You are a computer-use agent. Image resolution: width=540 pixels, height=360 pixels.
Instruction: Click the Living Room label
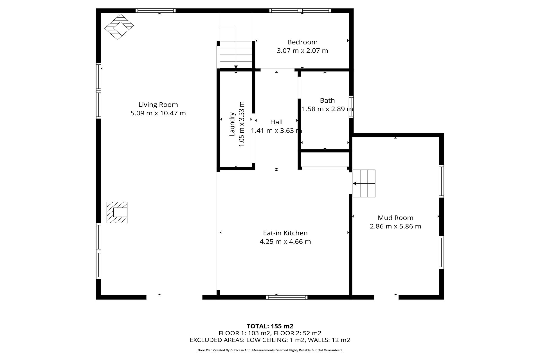tap(158, 105)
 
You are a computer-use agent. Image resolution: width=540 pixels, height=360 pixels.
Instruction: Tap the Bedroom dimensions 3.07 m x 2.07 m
tap(302, 51)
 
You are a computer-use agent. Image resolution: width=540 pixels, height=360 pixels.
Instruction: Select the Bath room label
tap(327, 100)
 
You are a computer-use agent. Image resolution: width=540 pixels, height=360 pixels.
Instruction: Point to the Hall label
tap(276, 122)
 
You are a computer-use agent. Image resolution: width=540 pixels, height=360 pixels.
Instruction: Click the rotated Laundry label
tap(232, 124)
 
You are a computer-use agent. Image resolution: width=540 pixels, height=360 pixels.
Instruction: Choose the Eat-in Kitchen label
tap(285, 233)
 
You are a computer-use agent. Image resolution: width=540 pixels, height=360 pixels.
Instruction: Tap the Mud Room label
tap(395, 218)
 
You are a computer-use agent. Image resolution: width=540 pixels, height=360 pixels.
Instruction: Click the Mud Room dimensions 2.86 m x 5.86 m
tap(395, 226)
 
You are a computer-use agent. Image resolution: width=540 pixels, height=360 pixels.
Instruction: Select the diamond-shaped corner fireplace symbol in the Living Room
tap(119, 27)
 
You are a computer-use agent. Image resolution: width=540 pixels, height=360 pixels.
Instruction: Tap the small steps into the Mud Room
tap(364, 183)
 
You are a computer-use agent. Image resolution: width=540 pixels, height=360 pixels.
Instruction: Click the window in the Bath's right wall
tap(351, 107)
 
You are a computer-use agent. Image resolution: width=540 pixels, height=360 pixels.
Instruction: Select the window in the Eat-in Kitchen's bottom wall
tap(287, 297)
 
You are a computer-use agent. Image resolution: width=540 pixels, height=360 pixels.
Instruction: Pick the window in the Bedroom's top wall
tap(300, 11)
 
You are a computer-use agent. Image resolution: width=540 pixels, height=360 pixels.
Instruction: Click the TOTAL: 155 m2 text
tap(270, 326)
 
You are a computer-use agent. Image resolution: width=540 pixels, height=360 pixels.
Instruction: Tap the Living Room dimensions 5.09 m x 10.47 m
tap(158, 113)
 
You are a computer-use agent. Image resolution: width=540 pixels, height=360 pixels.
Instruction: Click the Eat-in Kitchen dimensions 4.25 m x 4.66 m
tap(285, 242)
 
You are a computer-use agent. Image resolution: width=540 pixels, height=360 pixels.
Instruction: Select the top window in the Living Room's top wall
tap(156, 11)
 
